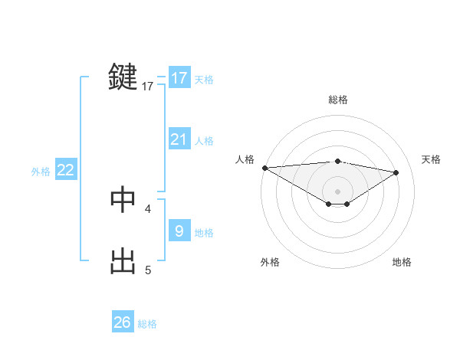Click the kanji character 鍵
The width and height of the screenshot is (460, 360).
[123, 77]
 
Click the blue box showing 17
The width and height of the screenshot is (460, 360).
[179, 78]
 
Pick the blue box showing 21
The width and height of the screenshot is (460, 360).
[179, 139]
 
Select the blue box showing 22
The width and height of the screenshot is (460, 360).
[66, 170]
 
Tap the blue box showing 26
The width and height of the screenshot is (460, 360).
[123, 322]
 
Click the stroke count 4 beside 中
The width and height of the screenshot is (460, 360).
[148, 208]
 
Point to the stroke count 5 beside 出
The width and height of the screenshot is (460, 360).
[148, 270]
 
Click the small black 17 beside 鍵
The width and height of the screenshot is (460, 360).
[148, 87]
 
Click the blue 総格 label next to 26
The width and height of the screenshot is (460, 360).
[147, 324]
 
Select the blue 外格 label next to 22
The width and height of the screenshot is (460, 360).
[41, 172]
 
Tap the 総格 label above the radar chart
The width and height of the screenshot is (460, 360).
[337, 100]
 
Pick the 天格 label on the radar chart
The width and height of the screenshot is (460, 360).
[432, 159]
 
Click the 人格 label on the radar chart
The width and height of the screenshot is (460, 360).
[245, 159]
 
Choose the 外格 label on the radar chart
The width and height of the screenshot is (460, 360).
[270, 262]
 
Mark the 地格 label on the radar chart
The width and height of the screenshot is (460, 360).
[402, 262]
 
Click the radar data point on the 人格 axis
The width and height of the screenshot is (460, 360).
[264, 168]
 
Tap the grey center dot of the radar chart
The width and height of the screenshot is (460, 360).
[337, 191]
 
